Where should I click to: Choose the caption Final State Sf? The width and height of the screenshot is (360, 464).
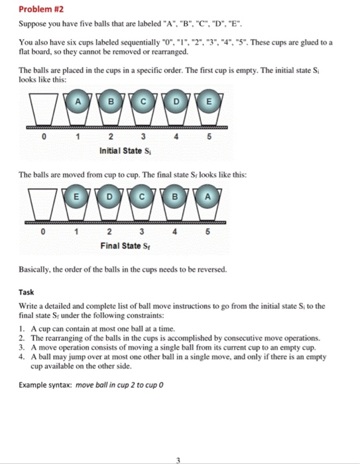pyautogui.click(x=123, y=246)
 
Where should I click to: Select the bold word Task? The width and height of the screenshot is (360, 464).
pyautogui.click(x=27, y=292)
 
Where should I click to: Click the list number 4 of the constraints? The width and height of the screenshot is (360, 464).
pyautogui.click(x=22, y=356)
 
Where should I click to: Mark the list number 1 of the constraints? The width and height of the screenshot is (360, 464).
pyautogui.click(x=22, y=328)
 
